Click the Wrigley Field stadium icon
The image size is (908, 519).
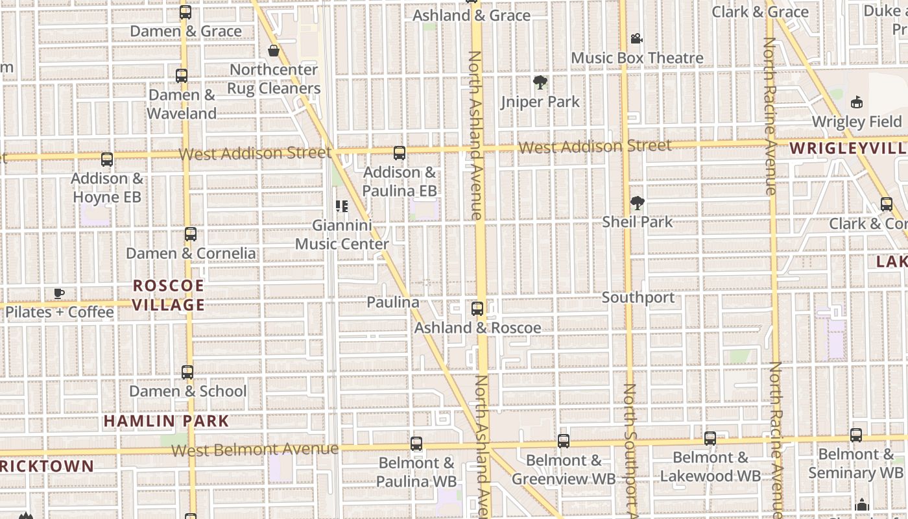click(x=856, y=102)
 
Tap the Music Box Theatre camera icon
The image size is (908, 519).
click(x=636, y=39)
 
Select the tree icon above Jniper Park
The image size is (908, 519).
click(x=540, y=82)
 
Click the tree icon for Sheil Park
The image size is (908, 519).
click(x=638, y=203)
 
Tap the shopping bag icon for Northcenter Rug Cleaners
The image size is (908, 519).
click(x=274, y=51)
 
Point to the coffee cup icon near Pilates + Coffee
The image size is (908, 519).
click(x=59, y=294)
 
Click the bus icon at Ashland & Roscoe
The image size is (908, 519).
click(x=477, y=309)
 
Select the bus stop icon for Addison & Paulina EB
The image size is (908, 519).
click(x=400, y=154)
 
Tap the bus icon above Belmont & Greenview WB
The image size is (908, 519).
click(x=564, y=441)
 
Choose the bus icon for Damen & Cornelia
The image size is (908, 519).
click(x=191, y=234)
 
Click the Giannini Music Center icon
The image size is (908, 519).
click(x=342, y=207)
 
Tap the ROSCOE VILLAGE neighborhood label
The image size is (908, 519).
click(x=169, y=295)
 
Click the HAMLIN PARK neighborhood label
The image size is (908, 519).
click(x=167, y=421)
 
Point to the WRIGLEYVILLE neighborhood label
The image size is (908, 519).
click(x=848, y=149)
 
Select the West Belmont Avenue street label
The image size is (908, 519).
click(x=255, y=449)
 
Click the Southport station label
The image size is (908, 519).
click(x=638, y=298)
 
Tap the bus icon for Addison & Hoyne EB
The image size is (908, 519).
click(x=107, y=159)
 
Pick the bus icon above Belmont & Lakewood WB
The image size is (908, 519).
click(x=710, y=439)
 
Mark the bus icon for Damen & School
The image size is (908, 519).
click(x=187, y=372)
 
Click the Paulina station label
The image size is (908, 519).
click(x=393, y=302)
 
